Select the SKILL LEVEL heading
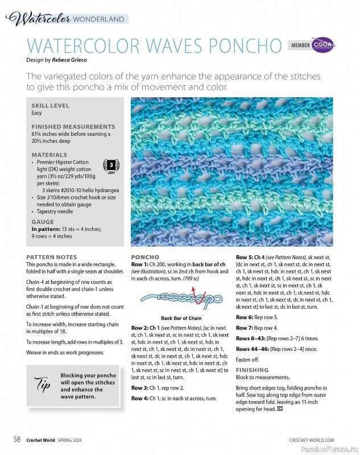51,105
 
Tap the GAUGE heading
43,222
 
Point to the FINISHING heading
252,370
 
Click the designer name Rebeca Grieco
70,59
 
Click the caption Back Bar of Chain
181,318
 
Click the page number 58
18,439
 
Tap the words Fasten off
249,359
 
